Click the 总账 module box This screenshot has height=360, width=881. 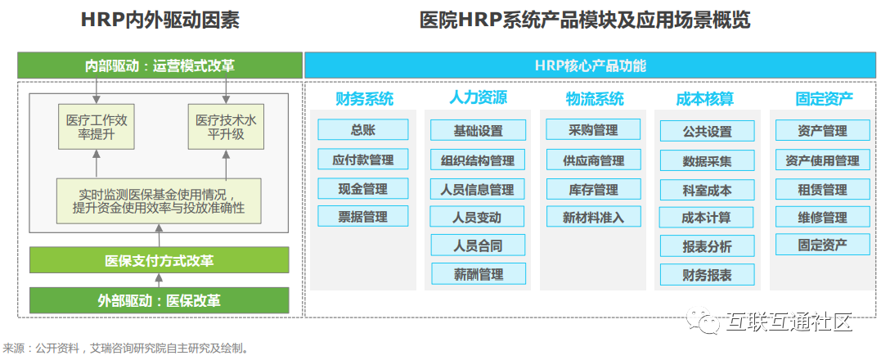pyautogui.click(x=363, y=129)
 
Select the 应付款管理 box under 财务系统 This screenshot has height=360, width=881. pyautogui.click(x=363, y=160)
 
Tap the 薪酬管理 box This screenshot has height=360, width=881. pyautogui.click(x=479, y=274)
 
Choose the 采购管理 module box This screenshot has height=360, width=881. pyautogui.click(x=593, y=129)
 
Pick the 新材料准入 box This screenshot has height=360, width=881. pyautogui.click(x=593, y=217)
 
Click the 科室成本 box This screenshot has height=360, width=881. pyautogui.click(x=707, y=190)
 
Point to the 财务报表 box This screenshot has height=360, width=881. pyautogui.click(x=707, y=275)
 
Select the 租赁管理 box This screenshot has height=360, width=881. pyautogui.click(x=822, y=189)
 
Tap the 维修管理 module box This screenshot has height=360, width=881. pyautogui.click(x=822, y=218)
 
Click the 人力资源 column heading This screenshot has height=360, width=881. pyautogui.click(x=479, y=98)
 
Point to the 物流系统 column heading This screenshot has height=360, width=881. pyautogui.click(x=594, y=99)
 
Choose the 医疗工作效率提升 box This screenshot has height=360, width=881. pyautogui.click(x=97, y=128)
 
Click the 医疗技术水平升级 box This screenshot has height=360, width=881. pyautogui.click(x=227, y=128)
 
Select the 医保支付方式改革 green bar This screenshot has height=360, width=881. pyautogui.click(x=160, y=261)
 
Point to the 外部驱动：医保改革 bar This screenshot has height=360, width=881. pyautogui.click(x=160, y=300)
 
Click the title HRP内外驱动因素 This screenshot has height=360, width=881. pyautogui.click(x=160, y=20)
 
